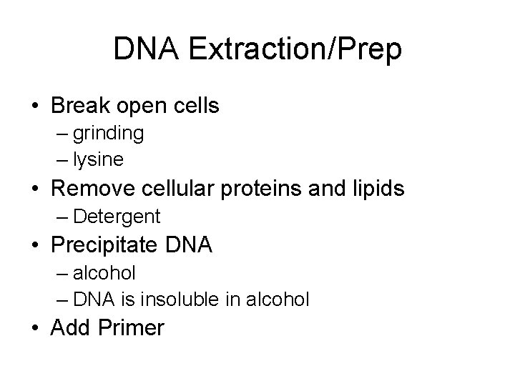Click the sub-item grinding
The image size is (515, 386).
click(x=108, y=132)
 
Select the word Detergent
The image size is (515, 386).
click(x=117, y=215)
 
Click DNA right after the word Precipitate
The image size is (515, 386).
click(x=188, y=245)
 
